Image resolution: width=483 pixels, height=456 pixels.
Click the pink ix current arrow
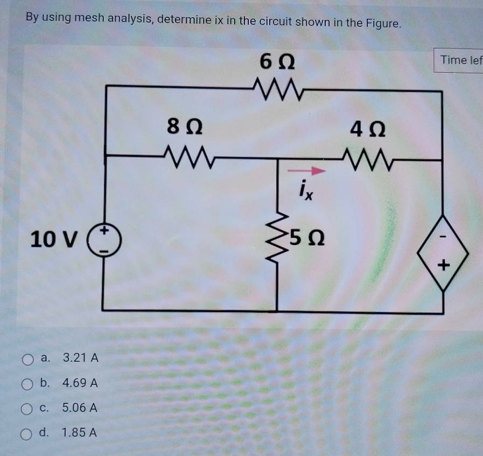306,171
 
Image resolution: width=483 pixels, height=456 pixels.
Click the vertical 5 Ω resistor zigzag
278,237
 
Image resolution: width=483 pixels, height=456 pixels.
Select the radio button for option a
27,358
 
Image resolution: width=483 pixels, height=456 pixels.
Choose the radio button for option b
27,384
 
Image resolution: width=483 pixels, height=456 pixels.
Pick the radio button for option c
27,409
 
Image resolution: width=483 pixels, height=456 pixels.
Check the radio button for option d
27,432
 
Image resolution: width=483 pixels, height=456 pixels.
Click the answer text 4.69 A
80,383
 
